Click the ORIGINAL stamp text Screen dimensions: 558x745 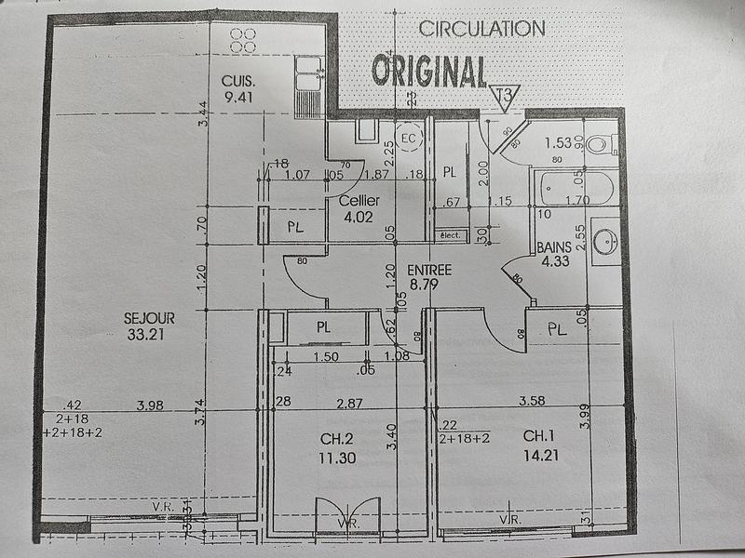(x=429, y=71)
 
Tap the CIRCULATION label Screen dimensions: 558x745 (x=481, y=29)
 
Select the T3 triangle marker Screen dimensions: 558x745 (x=505, y=97)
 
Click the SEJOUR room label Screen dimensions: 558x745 (x=149, y=318)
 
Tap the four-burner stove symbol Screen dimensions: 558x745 (x=243, y=39)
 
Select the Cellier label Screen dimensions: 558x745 (x=357, y=201)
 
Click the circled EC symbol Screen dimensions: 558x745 (x=408, y=139)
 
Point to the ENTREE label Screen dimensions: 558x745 (x=429, y=270)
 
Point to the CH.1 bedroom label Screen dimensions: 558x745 (x=541, y=435)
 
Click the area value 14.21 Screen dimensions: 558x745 (x=541, y=456)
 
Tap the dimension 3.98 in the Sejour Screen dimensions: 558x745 (x=150, y=404)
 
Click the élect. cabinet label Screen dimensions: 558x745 (x=451, y=236)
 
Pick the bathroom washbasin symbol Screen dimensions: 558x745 (x=606, y=241)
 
